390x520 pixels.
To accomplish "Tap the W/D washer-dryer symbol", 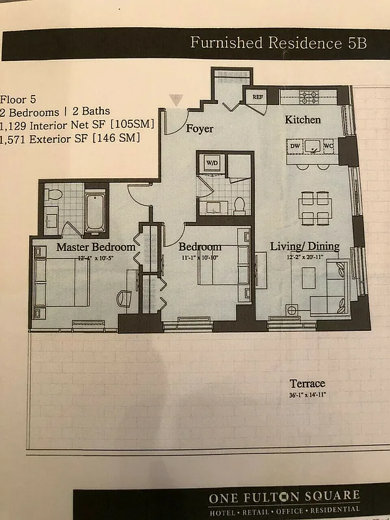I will coord(212,162).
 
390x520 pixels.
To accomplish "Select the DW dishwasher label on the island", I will coord(294,147).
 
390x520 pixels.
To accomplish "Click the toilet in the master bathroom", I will coord(55,194).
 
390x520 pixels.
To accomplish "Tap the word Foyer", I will coord(200,129).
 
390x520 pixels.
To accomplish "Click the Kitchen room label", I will coord(302,120).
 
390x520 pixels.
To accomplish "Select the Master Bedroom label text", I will coord(96,247).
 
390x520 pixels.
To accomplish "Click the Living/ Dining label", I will coord(304,246).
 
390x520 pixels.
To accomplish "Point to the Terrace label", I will coord(307,383).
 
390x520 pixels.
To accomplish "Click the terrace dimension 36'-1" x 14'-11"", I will coord(307,394).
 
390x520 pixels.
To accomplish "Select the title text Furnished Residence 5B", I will coord(278,44).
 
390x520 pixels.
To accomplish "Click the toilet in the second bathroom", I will coord(239,205).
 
